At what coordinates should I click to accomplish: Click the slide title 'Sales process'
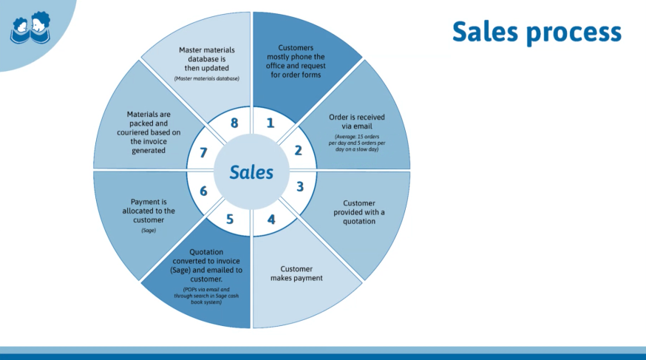537,33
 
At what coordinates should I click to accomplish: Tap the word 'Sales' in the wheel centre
251,172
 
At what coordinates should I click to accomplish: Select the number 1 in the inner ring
270,123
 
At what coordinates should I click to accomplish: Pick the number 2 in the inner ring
298,150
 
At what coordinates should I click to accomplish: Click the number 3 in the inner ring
299,186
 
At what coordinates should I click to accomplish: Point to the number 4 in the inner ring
271,219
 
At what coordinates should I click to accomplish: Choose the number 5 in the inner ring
230,219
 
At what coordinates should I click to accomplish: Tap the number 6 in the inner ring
203,191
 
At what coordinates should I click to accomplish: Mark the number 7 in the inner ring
203,152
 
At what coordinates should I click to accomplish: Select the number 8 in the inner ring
234,123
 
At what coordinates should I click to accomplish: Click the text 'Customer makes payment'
302,274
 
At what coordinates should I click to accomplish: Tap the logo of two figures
30,28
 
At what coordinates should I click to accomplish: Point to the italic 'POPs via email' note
207,295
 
